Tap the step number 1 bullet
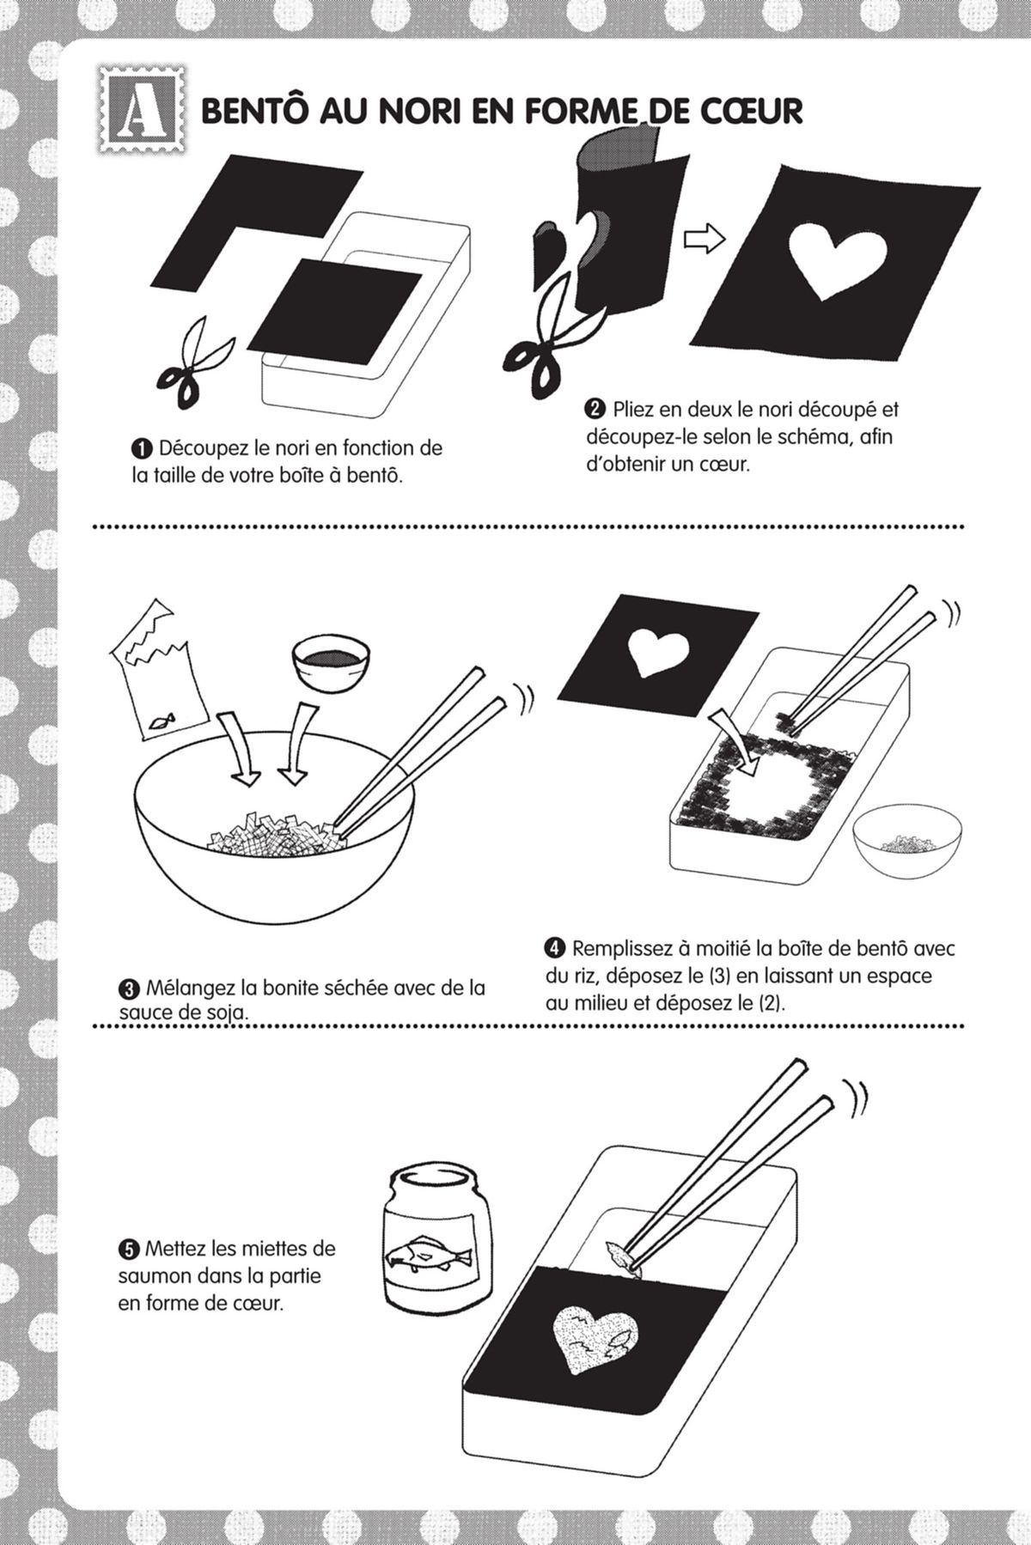141,448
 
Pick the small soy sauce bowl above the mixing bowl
329,662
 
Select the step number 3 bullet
128,988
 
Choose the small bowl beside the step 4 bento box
906,833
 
